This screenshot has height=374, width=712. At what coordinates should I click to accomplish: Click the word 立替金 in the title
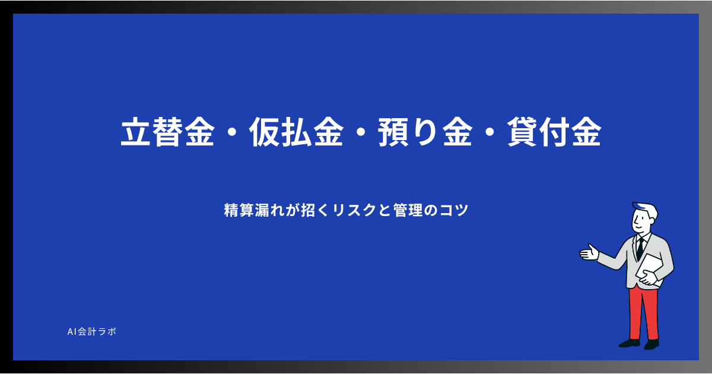tap(167, 132)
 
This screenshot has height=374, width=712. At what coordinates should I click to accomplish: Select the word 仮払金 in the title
tap(296, 132)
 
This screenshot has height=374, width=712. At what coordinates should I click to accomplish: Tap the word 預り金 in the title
tap(425, 132)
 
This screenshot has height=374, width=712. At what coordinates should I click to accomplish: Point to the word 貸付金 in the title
tap(554, 132)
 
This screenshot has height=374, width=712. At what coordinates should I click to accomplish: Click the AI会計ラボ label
tap(92, 332)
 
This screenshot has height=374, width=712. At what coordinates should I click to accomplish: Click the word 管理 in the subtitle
tap(408, 210)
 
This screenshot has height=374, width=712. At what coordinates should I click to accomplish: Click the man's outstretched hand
tap(589, 253)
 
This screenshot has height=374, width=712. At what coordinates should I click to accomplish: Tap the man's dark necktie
tap(640, 248)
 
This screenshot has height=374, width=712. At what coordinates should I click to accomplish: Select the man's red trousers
tap(644, 313)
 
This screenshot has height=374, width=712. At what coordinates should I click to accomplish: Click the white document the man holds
tap(650, 270)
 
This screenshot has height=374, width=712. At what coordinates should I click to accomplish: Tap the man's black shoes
tap(639, 344)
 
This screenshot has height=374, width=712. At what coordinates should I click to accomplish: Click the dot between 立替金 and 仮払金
tap(232, 132)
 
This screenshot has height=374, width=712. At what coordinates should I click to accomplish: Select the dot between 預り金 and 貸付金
tap(490, 132)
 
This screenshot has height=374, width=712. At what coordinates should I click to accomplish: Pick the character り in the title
tap(425, 132)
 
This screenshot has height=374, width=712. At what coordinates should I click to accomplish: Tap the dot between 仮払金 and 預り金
tap(361, 132)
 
